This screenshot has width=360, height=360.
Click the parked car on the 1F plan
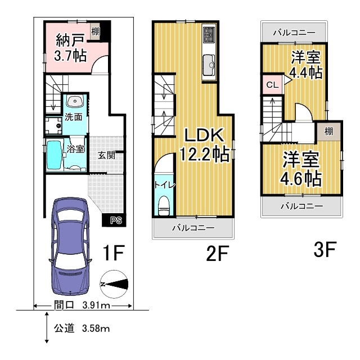click(x=70, y=247)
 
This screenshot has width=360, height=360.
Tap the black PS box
click(x=114, y=220)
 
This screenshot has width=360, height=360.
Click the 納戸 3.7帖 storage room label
click(x=70, y=48)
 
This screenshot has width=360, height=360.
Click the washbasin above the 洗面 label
click(x=75, y=101)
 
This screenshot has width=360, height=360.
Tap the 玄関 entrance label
click(x=106, y=155)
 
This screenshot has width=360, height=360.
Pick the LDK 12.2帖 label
click(x=204, y=145)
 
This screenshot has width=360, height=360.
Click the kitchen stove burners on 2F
click(x=209, y=34)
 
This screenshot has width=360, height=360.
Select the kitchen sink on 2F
click(x=209, y=65)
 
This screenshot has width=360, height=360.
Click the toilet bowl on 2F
click(x=164, y=205)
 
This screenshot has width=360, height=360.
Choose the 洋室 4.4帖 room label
click(x=305, y=65)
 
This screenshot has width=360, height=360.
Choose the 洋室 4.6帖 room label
click(x=301, y=169)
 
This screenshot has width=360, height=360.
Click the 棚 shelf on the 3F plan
click(x=328, y=131)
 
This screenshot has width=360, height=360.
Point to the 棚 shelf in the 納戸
click(x=95, y=31)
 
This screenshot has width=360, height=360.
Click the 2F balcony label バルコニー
click(x=193, y=228)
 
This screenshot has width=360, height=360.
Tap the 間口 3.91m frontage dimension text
click(x=82, y=305)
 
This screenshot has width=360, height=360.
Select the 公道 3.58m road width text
click(x=82, y=328)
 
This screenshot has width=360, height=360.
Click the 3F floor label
click(x=325, y=249)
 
